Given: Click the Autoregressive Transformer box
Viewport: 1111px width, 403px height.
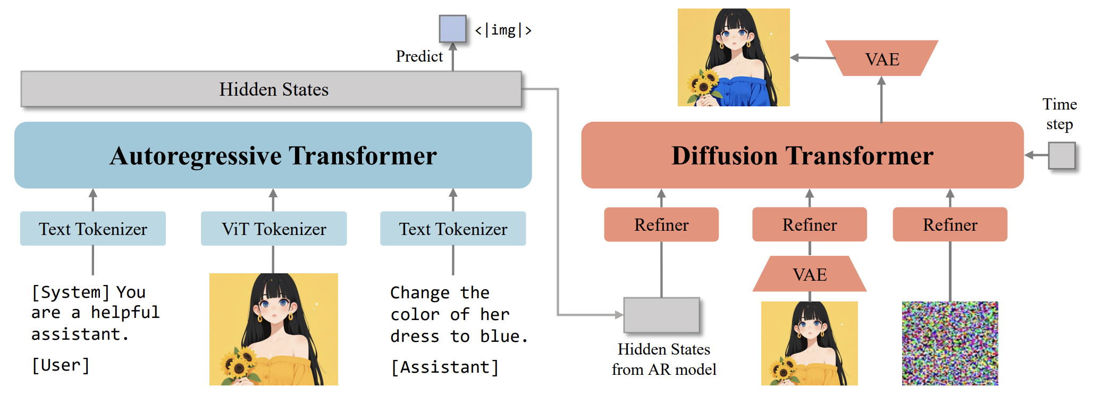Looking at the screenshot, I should pos(273,155).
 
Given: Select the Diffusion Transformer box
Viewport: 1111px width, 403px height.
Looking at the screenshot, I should pos(802,155).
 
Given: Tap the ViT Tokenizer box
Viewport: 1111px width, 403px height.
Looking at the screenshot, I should pos(274,229).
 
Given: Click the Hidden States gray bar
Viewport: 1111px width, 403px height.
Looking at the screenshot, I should pos(271,89).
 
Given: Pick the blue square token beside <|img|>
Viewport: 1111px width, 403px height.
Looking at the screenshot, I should pos(452,29).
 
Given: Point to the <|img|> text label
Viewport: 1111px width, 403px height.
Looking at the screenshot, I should pos(503,30).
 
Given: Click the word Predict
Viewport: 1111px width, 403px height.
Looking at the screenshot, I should pos(419,56).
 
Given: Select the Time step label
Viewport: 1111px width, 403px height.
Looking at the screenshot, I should pos(1059,114).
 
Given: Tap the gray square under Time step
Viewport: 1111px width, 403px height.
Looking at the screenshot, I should pos(1062,155).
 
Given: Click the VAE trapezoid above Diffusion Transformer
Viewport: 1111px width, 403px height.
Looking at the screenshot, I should pos(882,58).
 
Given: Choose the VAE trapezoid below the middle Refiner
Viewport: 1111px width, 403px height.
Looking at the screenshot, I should pos(810,274).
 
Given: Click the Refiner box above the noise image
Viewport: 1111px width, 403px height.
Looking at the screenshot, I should pos(950,224).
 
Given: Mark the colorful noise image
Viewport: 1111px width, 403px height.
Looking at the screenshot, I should pos(950,343).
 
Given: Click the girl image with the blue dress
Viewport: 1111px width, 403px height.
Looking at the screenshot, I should pos(734,57).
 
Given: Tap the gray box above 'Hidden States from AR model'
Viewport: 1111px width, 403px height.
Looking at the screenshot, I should pos(661,315).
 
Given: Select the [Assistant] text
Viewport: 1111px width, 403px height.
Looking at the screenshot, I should pos(444,367).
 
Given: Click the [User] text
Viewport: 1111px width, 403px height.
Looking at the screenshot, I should pos(61,365).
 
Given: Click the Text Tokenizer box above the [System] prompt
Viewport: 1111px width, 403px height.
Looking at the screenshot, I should pos(93,229).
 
